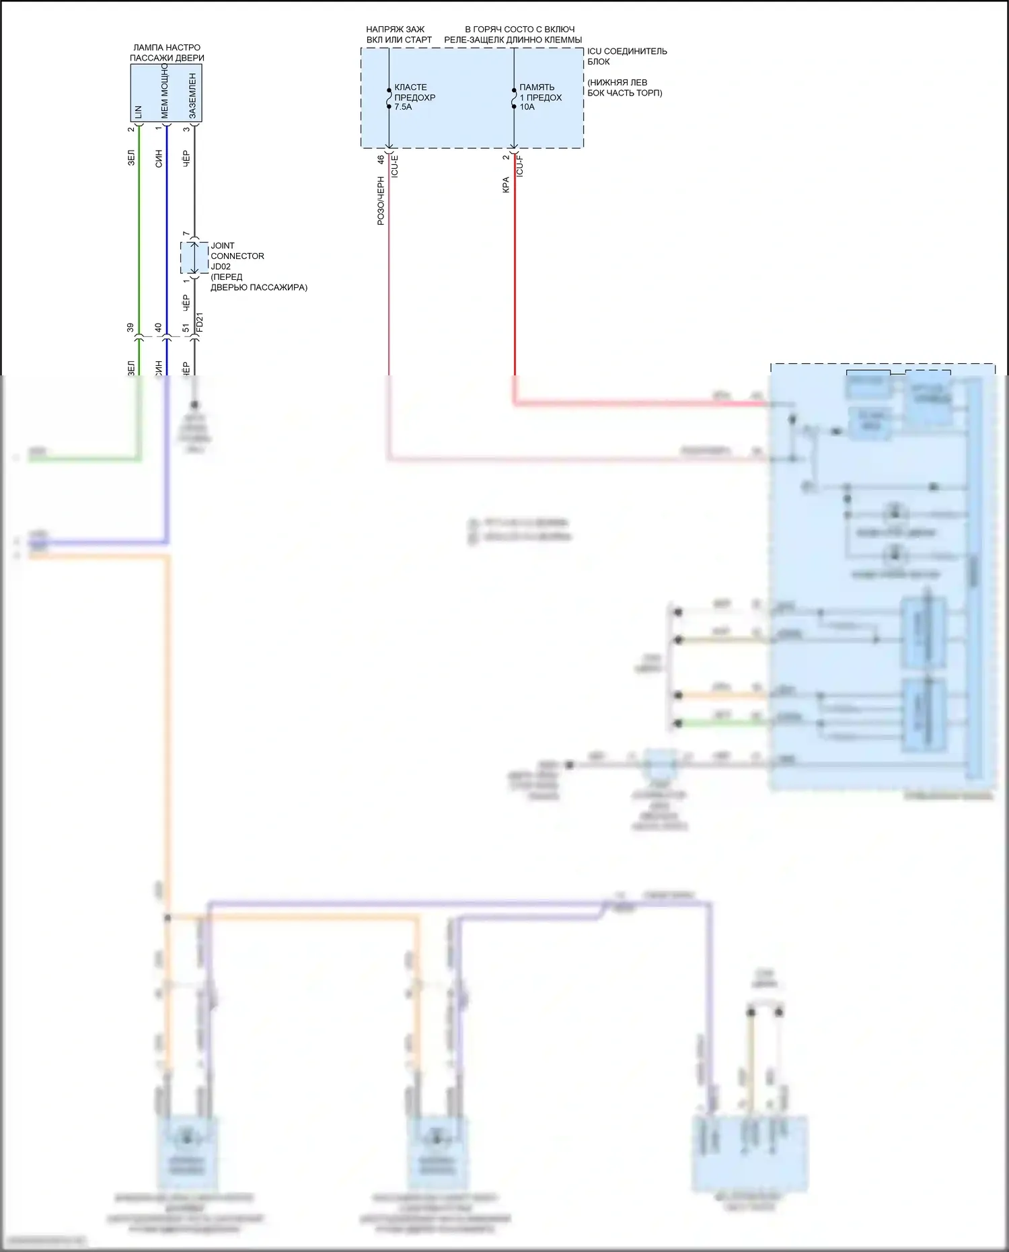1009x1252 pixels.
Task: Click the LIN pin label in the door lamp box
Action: (x=139, y=112)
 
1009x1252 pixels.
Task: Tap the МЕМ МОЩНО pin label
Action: (x=165, y=91)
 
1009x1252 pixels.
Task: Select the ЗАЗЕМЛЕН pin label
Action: (x=192, y=96)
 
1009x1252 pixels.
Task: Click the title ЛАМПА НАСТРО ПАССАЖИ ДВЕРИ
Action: (x=167, y=52)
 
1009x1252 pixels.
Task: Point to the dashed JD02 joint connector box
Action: (x=194, y=258)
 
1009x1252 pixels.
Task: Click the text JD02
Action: (x=221, y=266)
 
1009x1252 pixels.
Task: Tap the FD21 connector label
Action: (x=199, y=322)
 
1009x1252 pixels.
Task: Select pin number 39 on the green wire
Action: (x=130, y=328)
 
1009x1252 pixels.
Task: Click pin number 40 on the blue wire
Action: (x=158, y=328)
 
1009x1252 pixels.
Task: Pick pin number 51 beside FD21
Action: (x=186, y=328)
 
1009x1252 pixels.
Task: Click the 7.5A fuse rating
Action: (x=403, y=107)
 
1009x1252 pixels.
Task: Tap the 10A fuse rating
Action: (x=527, y=107)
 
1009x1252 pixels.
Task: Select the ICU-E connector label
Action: (x=395, y=166)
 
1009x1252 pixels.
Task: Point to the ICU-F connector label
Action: (x=519, y=166)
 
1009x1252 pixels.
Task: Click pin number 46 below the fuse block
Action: (x=381, y=159)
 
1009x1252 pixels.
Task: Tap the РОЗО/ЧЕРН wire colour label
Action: (x=381, y=200)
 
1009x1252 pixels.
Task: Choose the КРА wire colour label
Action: (x=506, y=185)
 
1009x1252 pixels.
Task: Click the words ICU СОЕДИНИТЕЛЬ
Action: (x=627, y=51)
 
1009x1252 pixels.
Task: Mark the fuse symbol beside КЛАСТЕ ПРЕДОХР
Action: (x=389, y=98)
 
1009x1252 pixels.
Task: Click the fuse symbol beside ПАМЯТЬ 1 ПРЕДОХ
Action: (x=514, y=98)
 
